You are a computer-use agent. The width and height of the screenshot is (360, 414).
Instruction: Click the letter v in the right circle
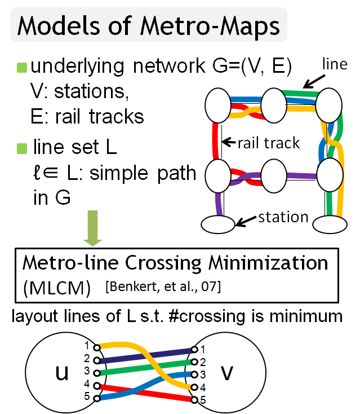click(225, 372)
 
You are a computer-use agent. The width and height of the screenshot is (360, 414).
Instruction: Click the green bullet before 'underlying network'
click(22, 67)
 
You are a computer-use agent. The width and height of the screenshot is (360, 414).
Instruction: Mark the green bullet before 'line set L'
click(22, 148)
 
